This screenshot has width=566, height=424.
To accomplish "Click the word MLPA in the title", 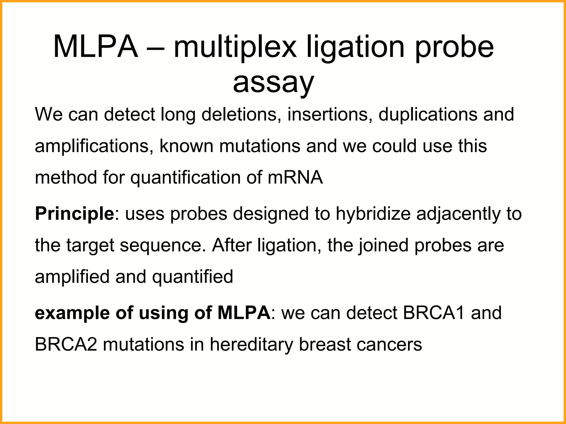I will point(95,47).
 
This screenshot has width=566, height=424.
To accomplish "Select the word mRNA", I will point(295,177).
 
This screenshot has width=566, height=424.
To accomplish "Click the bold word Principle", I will point(74,214).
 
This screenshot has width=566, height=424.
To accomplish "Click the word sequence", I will point(163,245).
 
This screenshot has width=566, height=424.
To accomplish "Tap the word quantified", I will point(193,277).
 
